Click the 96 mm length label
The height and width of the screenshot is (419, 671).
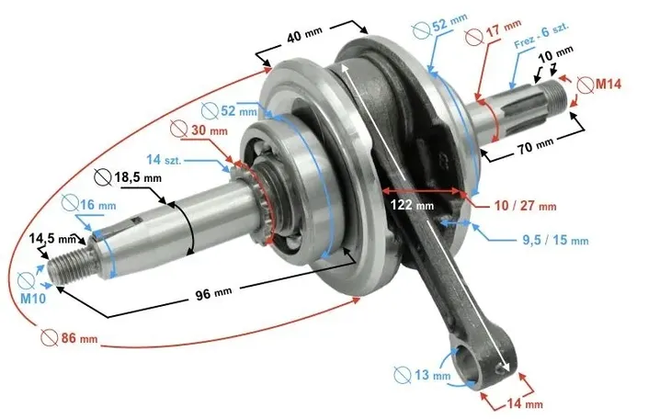214,293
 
